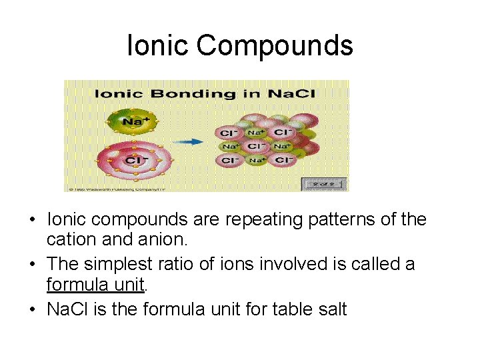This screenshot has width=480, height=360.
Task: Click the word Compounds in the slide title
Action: tap(275, 47)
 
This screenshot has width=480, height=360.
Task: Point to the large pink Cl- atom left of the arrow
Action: tap(135, 161)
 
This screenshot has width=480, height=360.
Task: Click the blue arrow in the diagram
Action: tap(193, 141)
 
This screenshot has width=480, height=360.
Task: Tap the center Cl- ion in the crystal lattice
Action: tap(255, 147)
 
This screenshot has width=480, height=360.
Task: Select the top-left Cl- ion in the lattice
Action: tap(228, 133)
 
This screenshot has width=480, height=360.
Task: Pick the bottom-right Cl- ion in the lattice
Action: tap(282, 160)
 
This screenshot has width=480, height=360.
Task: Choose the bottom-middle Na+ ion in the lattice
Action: tap(255, 160)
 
